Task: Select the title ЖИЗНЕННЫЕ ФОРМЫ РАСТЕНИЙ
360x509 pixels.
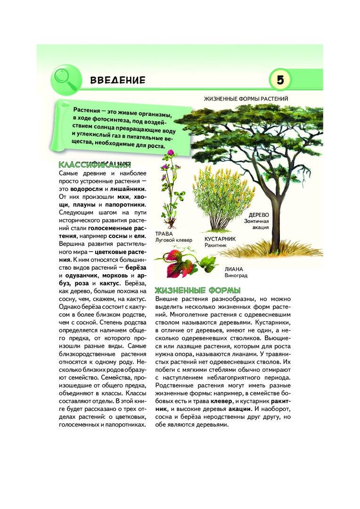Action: click(245, 99)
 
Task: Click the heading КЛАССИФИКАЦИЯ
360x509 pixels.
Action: click(93, 165)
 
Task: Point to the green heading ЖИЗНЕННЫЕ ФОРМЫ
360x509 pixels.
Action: click(198, 290)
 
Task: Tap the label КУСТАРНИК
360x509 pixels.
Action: click(220, 239)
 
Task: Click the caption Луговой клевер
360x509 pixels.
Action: click(173, 240)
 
